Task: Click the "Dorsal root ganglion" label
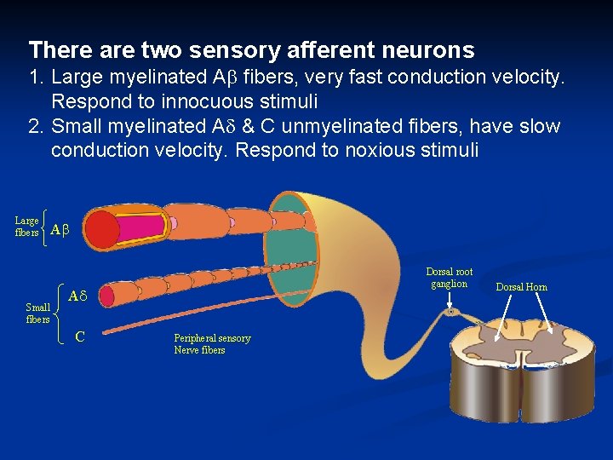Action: click(x=449, y=279)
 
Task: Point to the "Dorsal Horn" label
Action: click(x=522, y=287)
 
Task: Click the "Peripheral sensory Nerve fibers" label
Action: click(x=212, y=344)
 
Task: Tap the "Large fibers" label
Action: click(x=26, y=227)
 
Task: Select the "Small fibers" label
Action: click(x=37, y=313)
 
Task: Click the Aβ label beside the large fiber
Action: click(x=60, y=229)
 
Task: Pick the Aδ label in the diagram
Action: click(x=78, y=296)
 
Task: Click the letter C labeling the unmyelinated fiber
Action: click(x=79, y=336)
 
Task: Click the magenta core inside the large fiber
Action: click(x=145, y=227)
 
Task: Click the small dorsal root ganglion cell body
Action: click(x=450, y=313)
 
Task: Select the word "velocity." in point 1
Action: click(x=528, y=78)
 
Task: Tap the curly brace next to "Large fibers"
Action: click(x=43, y=227)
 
